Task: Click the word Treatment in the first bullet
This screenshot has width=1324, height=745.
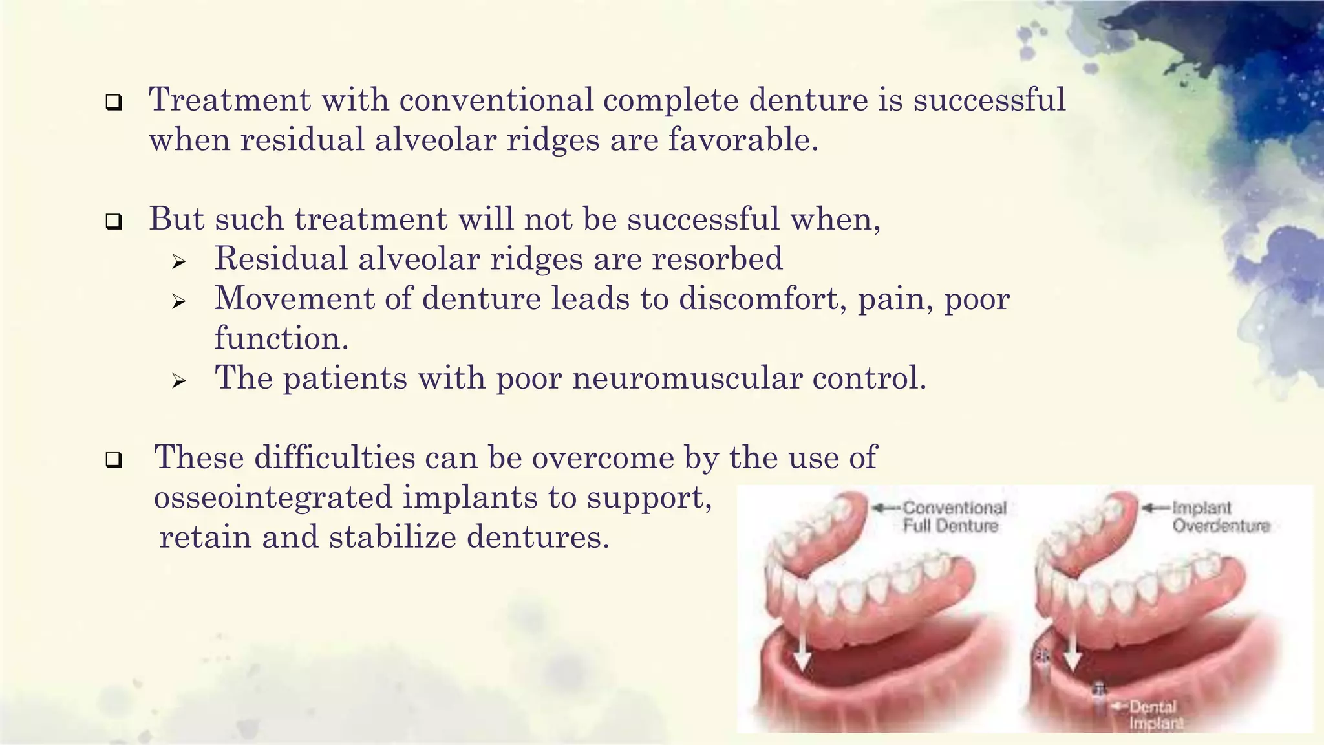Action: pyautogui.click(x=230, y=100)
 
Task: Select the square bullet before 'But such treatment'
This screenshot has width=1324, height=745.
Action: pyautogui.click(x=114, y=222)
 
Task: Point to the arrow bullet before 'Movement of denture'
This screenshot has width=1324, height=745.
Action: pyautogui.click(x=179, y=302)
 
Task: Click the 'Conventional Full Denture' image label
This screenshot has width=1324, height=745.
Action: pyautogui.click(x=953, y=517)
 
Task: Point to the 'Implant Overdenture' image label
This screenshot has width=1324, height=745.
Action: pyautogui.click(x=1221, y=517)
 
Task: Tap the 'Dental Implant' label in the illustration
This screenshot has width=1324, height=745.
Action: pyautogui.click(x=1155, y=715)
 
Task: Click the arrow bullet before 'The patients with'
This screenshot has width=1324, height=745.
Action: pyautogui.click(x=179, y=382)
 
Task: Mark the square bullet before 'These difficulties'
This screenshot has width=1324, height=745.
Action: pyautogui.click(x=114, y=461)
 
